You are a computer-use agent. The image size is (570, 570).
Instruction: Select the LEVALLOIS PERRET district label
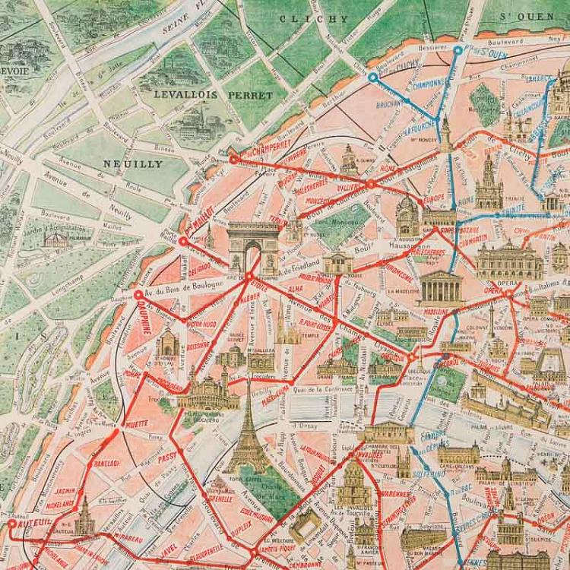click(213, 95)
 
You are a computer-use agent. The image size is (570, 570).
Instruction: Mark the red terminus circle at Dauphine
click(138, 295)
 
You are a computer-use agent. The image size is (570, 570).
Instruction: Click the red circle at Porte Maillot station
click(182, 241)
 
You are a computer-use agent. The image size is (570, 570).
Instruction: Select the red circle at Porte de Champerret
click(233, 159)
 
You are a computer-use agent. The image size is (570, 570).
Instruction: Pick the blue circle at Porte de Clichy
click(372, 77)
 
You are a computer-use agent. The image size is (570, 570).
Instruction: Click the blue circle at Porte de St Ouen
click(458, 50)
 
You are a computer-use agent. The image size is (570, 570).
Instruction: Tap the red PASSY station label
click(166, 457)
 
